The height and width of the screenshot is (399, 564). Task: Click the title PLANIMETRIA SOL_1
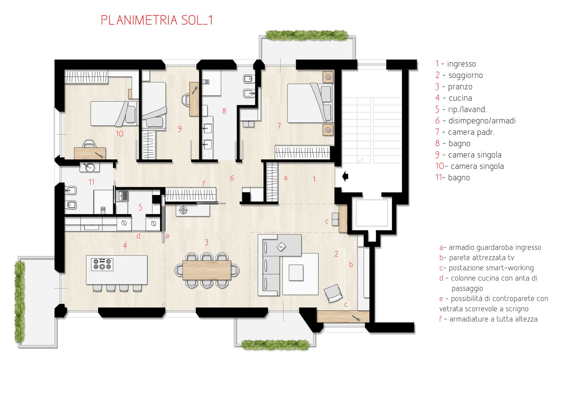(x=157, y=20)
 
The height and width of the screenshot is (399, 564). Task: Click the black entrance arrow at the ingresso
(x=345, y=177)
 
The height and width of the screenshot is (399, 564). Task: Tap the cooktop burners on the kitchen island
(x=102, y=264)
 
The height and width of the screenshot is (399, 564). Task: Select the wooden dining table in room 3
(x=207, y=270)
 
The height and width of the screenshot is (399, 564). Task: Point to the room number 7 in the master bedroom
(x=279, y=126)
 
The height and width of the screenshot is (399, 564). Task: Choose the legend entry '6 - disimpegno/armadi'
(x=475, y=121)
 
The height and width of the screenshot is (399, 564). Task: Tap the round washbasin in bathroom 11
(x=89, y=167)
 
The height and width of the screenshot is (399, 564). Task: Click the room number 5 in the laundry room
(x=140, y=207)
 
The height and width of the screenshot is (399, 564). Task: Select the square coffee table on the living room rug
(x=296, y=273)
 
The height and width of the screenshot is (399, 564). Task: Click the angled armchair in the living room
(x=333, y=293)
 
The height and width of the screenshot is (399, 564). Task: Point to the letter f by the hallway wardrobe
(x=204, y=183)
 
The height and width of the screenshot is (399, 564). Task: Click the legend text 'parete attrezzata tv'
(x=481, y=257)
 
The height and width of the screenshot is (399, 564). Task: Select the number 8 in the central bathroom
(x=224, y=111)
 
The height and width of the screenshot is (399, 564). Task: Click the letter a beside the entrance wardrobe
(x=285, y=178)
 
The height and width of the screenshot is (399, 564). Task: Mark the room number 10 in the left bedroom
(x=120, y=134)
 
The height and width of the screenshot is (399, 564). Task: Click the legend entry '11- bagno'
(x=452, y=177)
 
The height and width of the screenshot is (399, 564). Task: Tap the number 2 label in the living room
(x=337, y=254)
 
